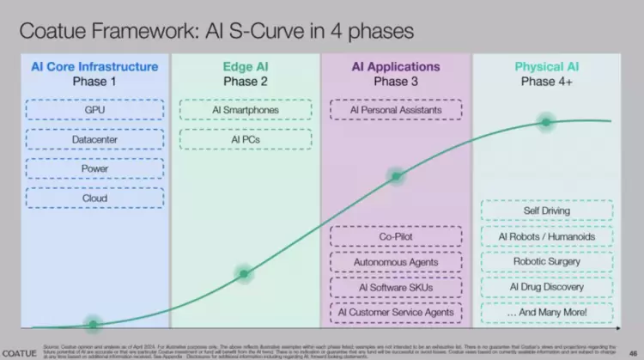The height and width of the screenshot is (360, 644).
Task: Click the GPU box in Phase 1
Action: pos(94,111)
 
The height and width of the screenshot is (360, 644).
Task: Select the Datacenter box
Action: pos(94,139)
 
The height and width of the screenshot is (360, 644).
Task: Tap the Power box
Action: pos(94,168)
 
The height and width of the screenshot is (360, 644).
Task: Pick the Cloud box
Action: pos(94,198)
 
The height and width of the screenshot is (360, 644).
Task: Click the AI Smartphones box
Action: pos(246,111)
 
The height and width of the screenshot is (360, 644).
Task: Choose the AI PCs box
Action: pos(246,139)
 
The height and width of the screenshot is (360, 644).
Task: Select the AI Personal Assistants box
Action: pos(396,111)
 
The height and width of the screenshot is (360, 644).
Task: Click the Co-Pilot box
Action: pos(396,236)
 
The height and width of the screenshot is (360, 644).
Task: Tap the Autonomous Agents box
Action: pos(396,262)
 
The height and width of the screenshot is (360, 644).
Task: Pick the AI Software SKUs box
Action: pos(396,287)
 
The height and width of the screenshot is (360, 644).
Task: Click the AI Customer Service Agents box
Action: pos(396,312)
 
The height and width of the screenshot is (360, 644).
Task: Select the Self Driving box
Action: pos(546,211)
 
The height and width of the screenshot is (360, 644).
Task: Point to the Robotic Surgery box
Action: pos(546,261)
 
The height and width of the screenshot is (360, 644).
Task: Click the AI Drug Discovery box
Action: pos(546,286)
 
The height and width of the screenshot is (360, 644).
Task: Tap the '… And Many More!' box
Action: pos(546,312)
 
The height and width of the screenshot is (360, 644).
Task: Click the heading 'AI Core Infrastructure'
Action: pos(94,66)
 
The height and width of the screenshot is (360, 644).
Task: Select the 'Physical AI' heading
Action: pos(546,66)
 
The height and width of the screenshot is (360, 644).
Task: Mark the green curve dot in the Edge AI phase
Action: pos(245,275)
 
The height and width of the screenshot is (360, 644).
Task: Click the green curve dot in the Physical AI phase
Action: pos(546,122)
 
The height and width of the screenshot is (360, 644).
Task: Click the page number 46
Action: pos(632,351)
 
